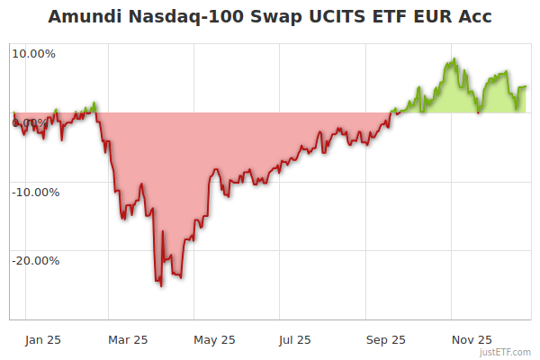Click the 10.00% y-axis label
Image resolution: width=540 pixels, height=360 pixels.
(34, 53)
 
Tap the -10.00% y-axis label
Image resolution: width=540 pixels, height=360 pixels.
(35, 192)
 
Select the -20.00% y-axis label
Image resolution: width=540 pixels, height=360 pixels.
(35, 261)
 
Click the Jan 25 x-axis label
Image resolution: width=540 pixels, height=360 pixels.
(43, 339)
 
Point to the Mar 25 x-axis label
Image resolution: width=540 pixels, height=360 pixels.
(128, 339)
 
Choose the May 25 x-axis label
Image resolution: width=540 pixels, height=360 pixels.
(214, 339)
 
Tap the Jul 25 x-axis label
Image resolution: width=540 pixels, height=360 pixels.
(295, 339)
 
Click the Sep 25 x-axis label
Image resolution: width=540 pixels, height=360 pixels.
(386, 339)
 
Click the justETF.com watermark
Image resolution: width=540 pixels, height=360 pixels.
(505, 352)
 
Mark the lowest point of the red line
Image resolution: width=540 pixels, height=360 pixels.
(160, 286)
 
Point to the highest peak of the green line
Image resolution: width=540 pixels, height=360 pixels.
(454, 59)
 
